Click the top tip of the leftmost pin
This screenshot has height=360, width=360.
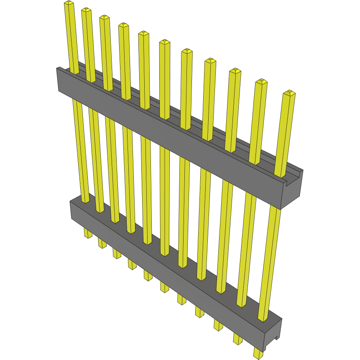click(69, 4)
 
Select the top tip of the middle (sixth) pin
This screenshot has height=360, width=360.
click(164, 42)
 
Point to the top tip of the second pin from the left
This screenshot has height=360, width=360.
click(86, 10)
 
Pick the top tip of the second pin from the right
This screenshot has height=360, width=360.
click(261, 82)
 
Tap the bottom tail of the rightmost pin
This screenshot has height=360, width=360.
click(258, 354)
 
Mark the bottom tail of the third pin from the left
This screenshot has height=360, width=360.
click(117, 253)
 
